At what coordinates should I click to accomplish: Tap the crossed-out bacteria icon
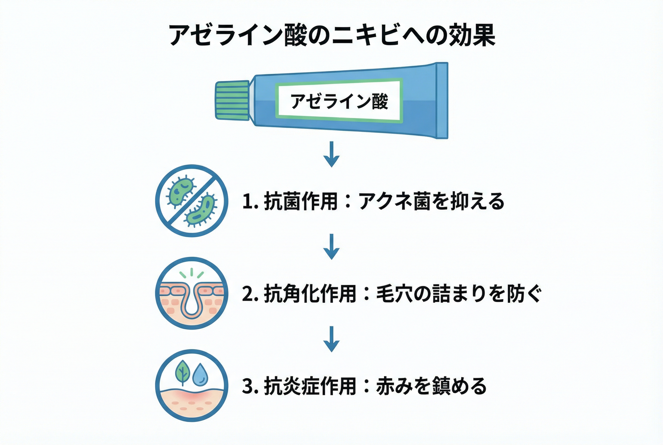click(192, 201)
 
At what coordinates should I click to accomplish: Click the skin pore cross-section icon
click(192, 293)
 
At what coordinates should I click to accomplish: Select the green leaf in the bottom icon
click(183, 372)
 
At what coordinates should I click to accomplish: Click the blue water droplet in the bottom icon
click(200, 374)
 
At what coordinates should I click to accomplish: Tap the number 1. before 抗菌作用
click(250, 202)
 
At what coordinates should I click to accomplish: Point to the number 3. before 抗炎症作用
click(250, 386)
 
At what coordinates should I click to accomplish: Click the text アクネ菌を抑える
click(431, 202)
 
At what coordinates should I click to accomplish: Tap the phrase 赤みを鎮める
click(431, 386)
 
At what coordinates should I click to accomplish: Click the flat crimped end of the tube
click(442, 100)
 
